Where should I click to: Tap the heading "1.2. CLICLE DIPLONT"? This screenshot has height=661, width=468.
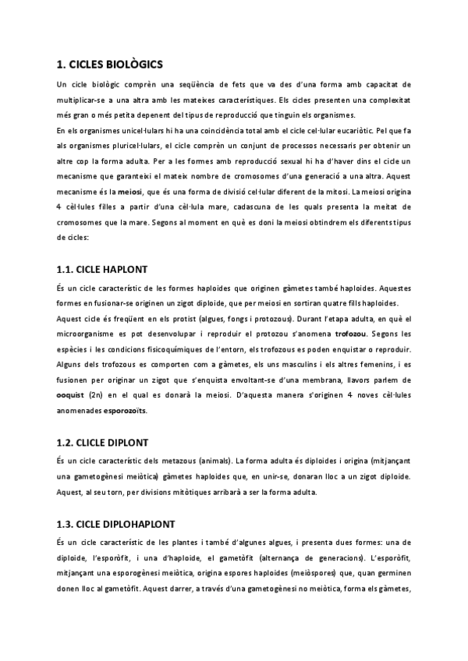105,442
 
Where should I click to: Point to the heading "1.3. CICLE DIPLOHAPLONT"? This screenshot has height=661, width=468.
115,523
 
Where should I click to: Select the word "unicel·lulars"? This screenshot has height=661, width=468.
136,129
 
